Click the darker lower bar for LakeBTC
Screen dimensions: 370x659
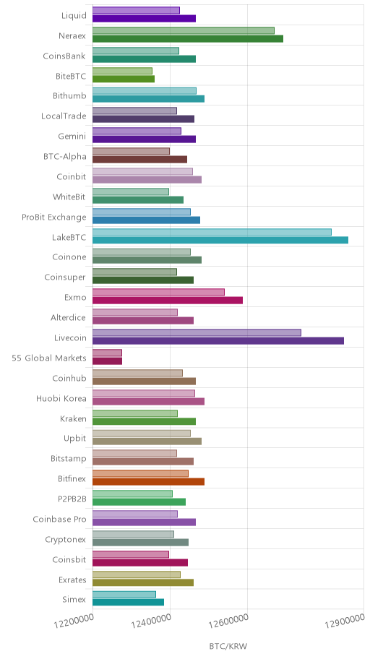220,240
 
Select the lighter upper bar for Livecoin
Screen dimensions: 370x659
197,332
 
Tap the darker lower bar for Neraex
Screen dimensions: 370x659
187,39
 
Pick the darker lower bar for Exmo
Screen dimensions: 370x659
168,300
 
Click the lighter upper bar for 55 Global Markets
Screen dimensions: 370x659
107,353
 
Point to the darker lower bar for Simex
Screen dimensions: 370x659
128,602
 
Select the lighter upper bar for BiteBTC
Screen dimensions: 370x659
122,71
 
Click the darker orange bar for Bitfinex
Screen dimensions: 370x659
148,482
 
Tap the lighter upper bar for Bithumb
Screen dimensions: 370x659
145,91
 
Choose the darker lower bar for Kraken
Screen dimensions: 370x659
144,421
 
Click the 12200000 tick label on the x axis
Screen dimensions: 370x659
74,621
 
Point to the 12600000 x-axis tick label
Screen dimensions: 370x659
229,621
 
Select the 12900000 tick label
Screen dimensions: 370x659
345,621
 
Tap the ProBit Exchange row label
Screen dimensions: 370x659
53,217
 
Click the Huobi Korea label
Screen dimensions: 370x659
61,398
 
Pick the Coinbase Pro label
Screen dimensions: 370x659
59,519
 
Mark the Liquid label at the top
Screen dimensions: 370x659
74,16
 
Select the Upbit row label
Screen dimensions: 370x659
75,439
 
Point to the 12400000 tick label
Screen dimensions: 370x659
151,621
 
